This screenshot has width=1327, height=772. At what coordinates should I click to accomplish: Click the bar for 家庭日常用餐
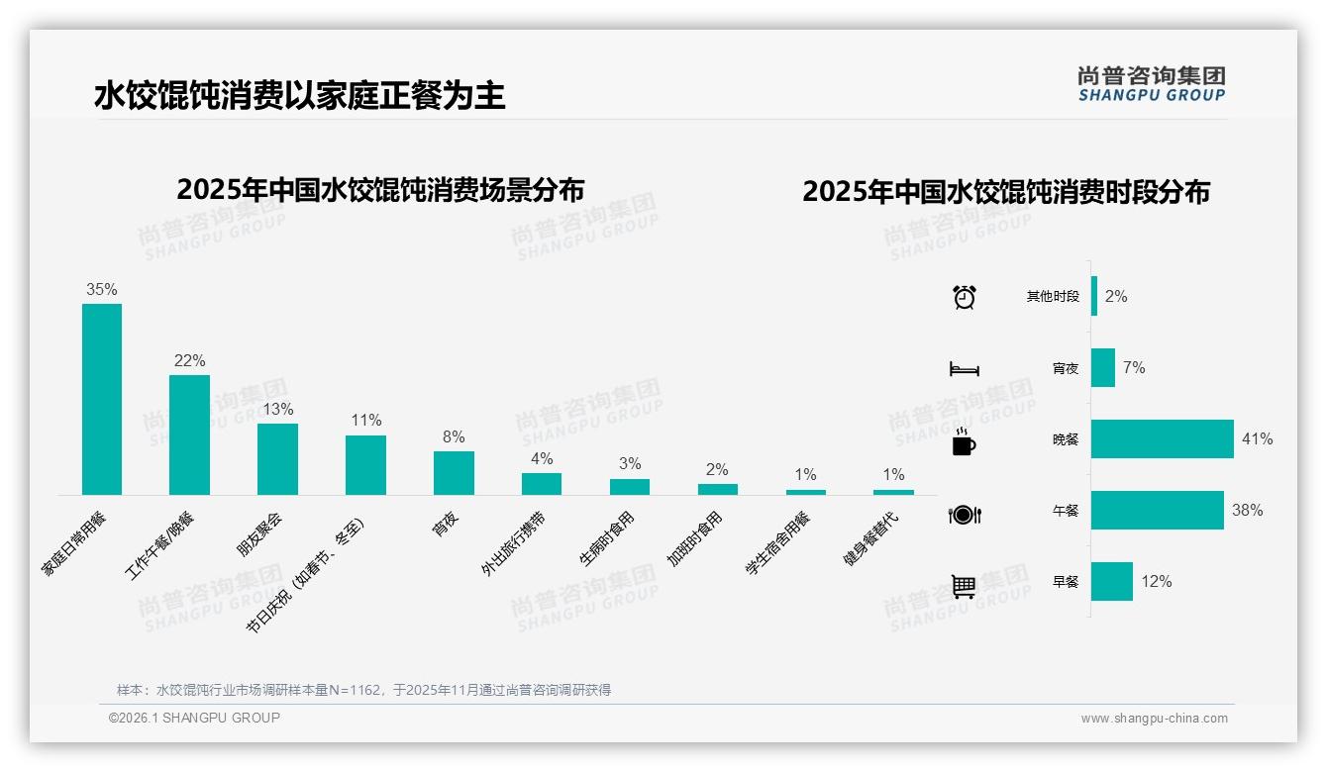102,399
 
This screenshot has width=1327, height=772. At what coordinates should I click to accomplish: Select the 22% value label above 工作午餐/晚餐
189,361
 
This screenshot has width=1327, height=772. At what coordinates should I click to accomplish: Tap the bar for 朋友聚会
277,459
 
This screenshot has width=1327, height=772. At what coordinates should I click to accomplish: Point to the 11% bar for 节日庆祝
365,465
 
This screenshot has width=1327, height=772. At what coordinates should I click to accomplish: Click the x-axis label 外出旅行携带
512,543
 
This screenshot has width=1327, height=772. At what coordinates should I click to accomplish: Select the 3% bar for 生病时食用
630,487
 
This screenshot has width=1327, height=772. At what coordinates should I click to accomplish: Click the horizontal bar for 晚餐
1162,438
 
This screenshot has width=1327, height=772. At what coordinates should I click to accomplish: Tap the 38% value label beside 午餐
1247,511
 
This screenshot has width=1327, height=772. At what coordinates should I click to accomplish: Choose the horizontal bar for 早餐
1111,581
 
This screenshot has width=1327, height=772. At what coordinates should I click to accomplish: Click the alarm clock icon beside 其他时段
964,297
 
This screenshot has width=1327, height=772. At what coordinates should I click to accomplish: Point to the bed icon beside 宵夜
964,369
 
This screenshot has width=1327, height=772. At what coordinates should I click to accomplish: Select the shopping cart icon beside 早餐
964,586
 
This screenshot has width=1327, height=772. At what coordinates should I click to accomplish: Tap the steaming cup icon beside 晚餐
964,441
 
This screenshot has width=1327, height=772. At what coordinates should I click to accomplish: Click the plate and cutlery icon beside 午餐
964,514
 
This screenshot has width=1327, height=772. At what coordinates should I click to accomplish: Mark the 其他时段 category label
1053,297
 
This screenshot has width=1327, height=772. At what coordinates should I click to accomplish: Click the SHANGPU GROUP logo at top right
1151,83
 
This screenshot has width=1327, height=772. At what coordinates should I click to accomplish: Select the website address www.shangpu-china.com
1154,719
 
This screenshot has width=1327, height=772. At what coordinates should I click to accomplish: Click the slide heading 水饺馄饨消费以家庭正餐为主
299,95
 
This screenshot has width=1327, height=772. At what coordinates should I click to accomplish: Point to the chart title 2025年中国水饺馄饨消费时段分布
1006,192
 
